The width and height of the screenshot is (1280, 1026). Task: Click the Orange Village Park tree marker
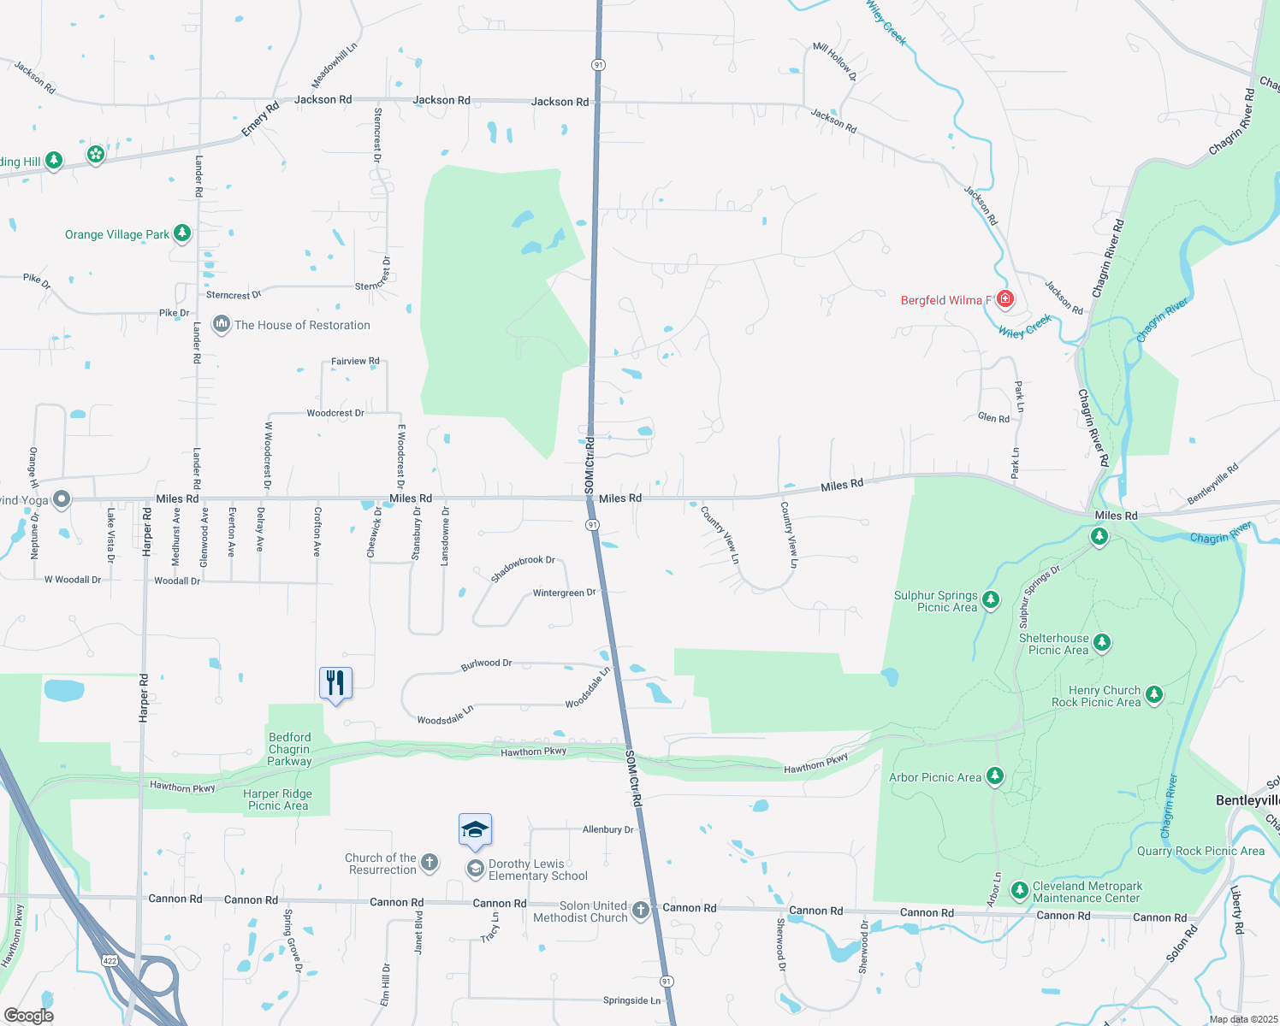point(181,233)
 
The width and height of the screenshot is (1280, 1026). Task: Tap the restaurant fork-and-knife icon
point(335,682)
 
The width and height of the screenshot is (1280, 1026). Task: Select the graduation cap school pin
point(475,829)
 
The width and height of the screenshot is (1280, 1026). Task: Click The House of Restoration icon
point(222,325)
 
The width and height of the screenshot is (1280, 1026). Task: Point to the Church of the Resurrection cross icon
point(430,863)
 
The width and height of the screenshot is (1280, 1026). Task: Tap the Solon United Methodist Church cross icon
point(641,911)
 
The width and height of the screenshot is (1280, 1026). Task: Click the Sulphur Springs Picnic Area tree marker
point(991,599)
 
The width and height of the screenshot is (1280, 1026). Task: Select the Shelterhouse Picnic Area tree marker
point(1102,642)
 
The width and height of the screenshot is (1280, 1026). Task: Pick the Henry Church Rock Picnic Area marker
point(1154,694)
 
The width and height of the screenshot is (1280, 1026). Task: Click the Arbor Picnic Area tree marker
point(994,776)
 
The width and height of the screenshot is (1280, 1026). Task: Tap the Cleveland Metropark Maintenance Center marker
point(1019,891)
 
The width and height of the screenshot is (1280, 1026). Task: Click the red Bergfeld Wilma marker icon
point(1005,299)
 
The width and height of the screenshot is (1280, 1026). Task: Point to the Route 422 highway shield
point(110,960)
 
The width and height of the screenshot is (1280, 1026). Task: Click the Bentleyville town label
point(1247,800)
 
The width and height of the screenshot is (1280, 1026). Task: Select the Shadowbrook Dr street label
point(523,569)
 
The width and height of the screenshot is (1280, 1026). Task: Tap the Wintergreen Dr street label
point(564,593)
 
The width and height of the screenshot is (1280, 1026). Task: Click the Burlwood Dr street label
point(486,663)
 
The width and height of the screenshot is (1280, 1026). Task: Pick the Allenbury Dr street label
point(608,829)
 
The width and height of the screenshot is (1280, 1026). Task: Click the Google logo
point(29,1016)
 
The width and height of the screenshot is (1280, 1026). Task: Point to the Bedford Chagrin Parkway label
point(290,749)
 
